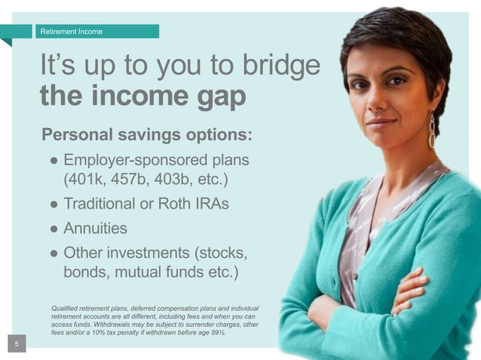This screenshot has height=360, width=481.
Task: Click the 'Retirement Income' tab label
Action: (72, 32)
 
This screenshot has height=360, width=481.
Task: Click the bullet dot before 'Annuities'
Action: (54, 228)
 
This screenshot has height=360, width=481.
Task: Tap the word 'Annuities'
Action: (96, 227)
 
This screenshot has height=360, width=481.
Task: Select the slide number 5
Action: (18, 344)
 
